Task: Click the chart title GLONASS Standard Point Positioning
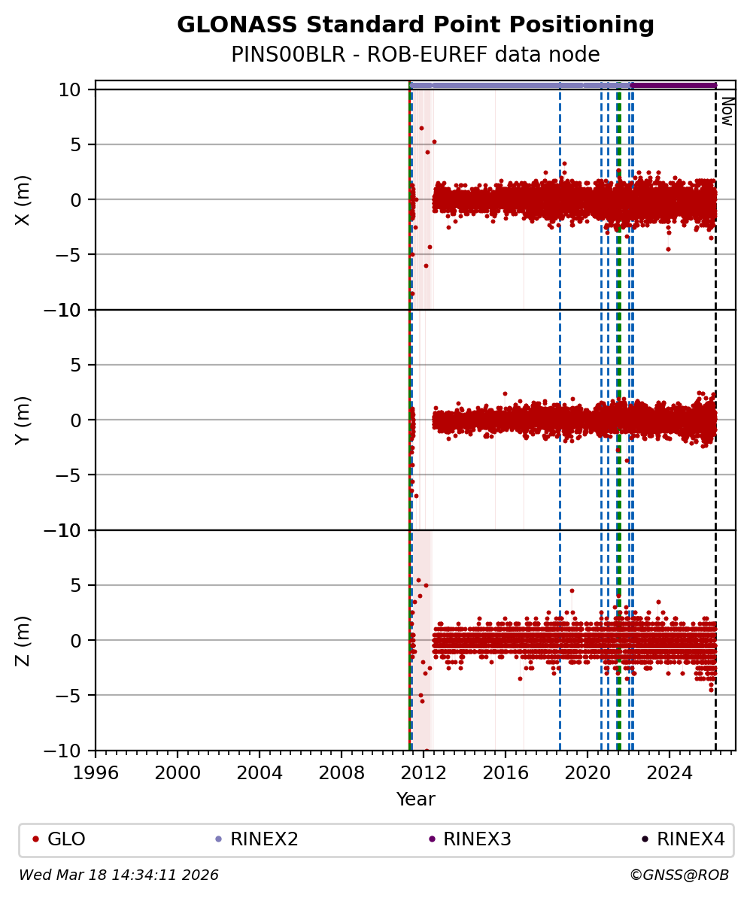(415, 25)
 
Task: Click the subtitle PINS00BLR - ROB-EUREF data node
(415, 55)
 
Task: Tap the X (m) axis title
(23, 199)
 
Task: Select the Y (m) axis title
(23, 420)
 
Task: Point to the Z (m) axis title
(23, 640)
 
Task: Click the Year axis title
(415, 799)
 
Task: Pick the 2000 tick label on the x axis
(178, 772)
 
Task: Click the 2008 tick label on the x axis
(342, 772)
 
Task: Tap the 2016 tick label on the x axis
(506, 772)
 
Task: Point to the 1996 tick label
(96, 772)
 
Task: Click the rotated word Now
(727, 111)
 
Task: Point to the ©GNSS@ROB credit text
(679, 875)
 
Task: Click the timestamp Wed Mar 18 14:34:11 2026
(119, 875)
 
